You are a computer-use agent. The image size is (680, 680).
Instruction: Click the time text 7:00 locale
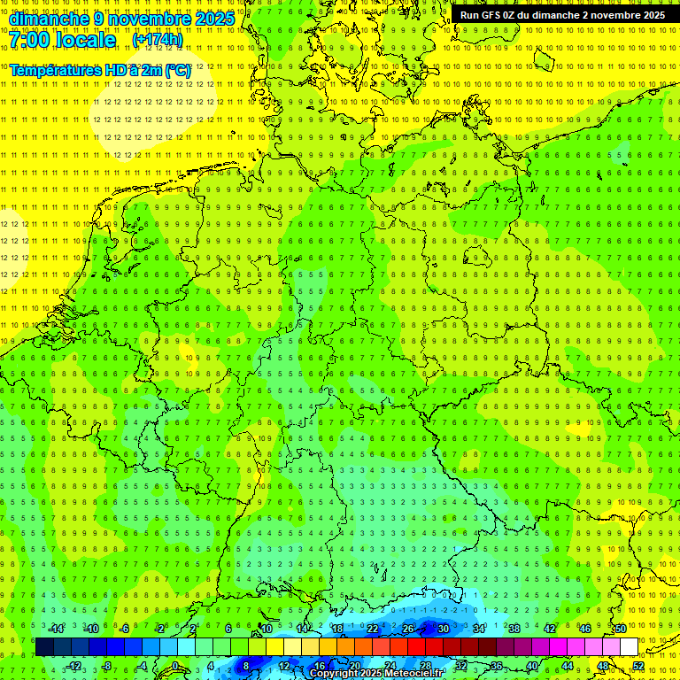63,40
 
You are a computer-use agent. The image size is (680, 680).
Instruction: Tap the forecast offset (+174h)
158,40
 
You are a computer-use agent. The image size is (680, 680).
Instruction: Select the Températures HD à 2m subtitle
100,69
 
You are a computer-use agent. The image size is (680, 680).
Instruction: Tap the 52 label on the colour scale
638,666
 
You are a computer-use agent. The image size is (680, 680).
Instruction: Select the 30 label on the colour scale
443,629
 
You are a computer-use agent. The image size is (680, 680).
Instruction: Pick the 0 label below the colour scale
174,666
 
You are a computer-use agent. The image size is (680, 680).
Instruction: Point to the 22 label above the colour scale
373,629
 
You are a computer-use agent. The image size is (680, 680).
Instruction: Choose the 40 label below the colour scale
532,666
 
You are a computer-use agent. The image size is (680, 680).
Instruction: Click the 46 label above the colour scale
584,629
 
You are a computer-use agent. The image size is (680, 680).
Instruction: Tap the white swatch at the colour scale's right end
629,646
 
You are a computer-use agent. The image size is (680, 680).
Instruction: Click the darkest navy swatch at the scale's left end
44,646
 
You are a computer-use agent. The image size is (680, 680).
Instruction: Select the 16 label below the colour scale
320,666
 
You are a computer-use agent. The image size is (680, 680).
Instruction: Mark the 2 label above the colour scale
193,629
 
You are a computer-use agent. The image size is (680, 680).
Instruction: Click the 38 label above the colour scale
514,629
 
